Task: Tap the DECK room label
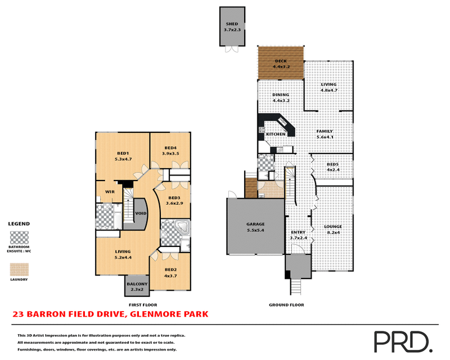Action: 281,61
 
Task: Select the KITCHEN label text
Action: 276,134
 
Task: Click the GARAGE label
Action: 255,224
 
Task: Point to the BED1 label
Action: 123,153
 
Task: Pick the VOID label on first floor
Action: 141,214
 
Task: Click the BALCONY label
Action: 137,284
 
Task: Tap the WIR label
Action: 110,192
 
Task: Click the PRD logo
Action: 402,341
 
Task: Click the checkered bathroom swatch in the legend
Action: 19,237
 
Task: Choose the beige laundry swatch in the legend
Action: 19,269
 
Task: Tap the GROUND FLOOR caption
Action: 287,304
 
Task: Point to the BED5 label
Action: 333,164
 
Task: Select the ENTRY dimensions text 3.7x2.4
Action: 298,238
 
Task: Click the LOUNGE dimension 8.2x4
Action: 333,232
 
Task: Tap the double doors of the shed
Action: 231,49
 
